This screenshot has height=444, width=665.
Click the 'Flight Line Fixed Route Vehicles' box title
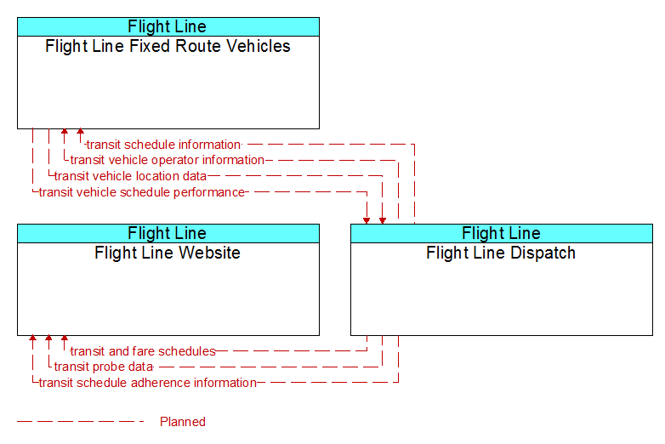(168, 46)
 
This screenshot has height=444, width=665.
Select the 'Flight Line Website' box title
(168, 253)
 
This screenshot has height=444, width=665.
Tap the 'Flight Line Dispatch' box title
(501, 253)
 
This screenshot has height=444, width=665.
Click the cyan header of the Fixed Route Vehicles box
(168, 26)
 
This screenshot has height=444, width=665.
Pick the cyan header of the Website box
(168, 233)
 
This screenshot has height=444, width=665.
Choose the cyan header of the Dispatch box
(502, 233)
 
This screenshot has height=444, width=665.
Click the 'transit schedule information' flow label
(164, 145)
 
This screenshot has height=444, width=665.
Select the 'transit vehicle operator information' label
(167, 160)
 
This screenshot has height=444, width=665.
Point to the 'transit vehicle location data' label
(130, 176)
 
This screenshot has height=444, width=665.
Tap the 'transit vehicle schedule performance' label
(142, 192)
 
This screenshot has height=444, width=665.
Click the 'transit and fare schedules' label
(143, 351)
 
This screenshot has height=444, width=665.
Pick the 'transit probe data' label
(104, 367)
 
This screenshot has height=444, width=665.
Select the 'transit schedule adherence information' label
(148, 383)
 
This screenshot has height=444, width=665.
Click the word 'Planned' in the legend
(183, 422)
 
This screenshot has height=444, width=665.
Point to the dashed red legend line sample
(80, 422)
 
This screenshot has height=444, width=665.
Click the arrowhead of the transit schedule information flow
(80, 132)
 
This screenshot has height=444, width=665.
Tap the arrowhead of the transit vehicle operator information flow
(65, 132)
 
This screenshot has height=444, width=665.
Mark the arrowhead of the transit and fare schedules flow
(65, 339)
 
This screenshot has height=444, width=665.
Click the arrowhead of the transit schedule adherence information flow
(32, 339)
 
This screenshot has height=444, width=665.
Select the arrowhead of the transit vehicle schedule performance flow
(367, 221)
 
